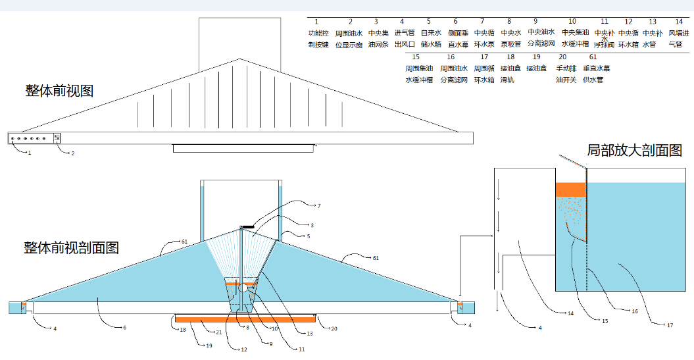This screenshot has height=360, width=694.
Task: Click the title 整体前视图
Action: click(59, 90)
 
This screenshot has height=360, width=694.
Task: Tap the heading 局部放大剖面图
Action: click(634, 150)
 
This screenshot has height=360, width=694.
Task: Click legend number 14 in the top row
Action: click(679, 22)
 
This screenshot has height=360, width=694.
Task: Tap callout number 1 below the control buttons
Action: click(28, 153)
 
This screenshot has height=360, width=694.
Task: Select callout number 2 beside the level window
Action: click(72, 153)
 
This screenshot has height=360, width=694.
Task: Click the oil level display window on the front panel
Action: click(57, 138)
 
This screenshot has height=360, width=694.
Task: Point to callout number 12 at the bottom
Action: click(243, 349)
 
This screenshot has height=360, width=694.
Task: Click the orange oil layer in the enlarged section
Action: click(570, 190)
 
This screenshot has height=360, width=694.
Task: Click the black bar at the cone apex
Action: click(248, 227)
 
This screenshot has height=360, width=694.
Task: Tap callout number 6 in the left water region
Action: click(124, 327)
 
